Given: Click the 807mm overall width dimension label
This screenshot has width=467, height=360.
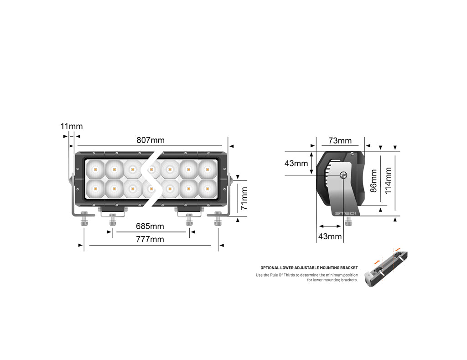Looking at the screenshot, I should tap(150, 140).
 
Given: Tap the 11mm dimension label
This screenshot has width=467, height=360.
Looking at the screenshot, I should tap(72, 126).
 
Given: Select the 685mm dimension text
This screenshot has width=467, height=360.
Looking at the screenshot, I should tap(150, 226).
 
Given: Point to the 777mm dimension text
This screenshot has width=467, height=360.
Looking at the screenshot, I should tap(150, 239).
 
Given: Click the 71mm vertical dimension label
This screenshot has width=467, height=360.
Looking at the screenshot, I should tap(244, 198).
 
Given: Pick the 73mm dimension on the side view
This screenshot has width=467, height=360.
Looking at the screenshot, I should tap(340, 140).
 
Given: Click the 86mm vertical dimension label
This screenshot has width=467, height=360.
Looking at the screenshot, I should tap(374, 181).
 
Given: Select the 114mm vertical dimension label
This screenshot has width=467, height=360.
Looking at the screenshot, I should tap(388, 181).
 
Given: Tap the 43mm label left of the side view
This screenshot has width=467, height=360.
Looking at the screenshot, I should tap(296, 163).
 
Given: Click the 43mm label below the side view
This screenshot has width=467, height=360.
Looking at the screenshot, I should tap(330, 236).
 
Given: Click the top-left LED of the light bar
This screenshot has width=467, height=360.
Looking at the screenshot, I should tap(95, 170).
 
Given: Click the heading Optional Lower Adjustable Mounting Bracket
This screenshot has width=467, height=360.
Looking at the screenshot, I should tap(309, 268).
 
